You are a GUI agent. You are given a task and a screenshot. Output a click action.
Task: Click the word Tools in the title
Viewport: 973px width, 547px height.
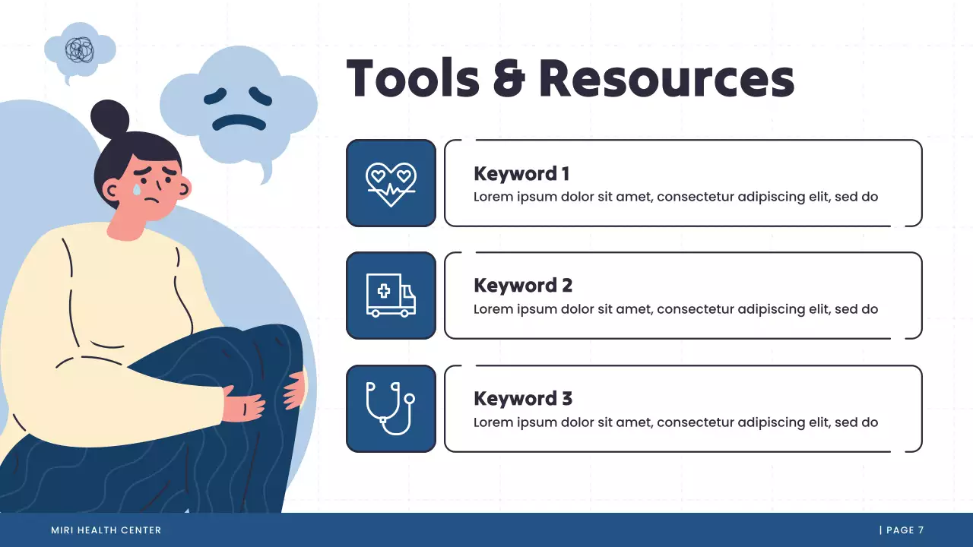[x=413, y=78]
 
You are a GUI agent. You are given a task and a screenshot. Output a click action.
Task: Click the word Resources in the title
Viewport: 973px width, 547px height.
[x=667, y=78]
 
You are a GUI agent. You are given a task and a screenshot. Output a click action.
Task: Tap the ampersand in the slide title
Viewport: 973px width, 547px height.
[x=509, y=78]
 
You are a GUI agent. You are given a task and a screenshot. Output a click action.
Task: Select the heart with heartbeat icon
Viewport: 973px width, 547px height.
[x=391, y=183]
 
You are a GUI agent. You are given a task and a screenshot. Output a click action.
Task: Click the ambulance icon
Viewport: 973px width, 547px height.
[x=391, y=296]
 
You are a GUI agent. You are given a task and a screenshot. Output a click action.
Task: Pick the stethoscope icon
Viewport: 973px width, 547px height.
[x=391, y=408]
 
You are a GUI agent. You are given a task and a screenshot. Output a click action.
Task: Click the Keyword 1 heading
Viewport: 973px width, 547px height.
[x=521, y=174]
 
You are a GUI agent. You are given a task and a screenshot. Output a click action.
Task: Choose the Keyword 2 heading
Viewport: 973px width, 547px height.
[x=523, y=286]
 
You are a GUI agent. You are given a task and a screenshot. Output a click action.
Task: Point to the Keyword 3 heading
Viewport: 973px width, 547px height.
[x=523, y=399]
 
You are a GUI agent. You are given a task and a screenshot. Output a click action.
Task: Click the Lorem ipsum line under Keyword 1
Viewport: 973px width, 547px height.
[x=676, y=197]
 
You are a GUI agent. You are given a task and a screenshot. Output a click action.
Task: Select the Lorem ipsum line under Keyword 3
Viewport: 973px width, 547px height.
[x=676, y=422]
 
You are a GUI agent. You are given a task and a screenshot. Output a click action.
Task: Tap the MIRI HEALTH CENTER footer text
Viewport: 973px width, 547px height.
[x=106, y=530]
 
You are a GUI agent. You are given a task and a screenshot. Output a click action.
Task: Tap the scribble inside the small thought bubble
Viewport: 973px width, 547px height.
[x=79, y=49]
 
